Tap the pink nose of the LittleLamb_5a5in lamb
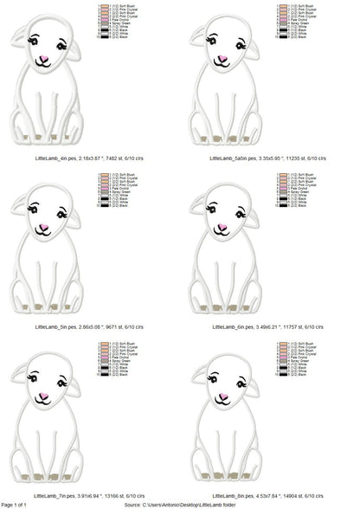click(x=222, y=60)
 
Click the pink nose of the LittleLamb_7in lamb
click(x=43, y=396)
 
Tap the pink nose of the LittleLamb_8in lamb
click(x=222, y=396)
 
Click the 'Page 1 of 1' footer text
click(x=19, y=504)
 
